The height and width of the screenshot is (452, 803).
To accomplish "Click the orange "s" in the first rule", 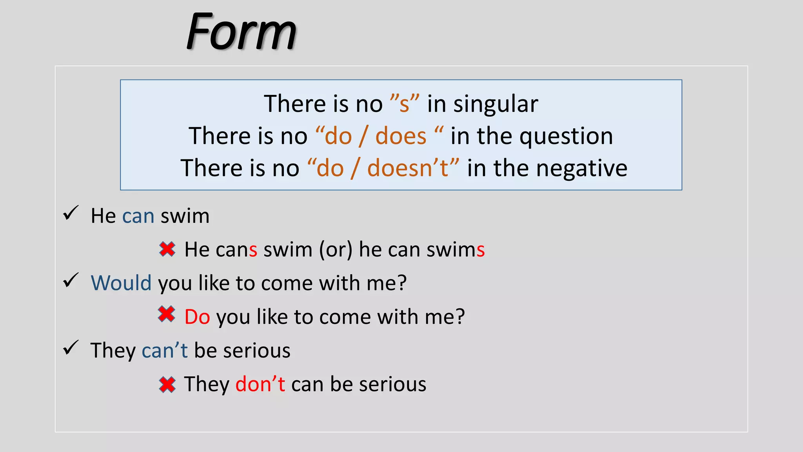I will [404, 104].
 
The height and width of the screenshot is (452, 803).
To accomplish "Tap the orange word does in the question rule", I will [401, 137].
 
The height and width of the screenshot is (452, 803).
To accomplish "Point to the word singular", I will [496, 104].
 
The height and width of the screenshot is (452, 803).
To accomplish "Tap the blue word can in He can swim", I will [138, 216].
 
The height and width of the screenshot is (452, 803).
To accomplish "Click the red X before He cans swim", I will [167, 249].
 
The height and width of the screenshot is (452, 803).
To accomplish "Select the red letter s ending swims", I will [481, 250].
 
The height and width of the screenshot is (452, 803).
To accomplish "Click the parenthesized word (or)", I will [336, 250].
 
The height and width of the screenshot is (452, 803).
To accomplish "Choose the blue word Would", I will [121, 283].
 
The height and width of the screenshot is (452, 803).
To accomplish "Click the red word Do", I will [197, 317].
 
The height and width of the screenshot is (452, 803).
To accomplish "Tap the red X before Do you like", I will [167, 314].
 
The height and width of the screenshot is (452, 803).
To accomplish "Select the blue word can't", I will [165, 350].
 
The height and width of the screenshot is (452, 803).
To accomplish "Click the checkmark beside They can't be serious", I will [71, 348].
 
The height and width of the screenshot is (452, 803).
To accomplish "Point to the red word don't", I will [260, 384].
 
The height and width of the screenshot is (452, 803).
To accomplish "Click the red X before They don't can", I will [167, 385].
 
